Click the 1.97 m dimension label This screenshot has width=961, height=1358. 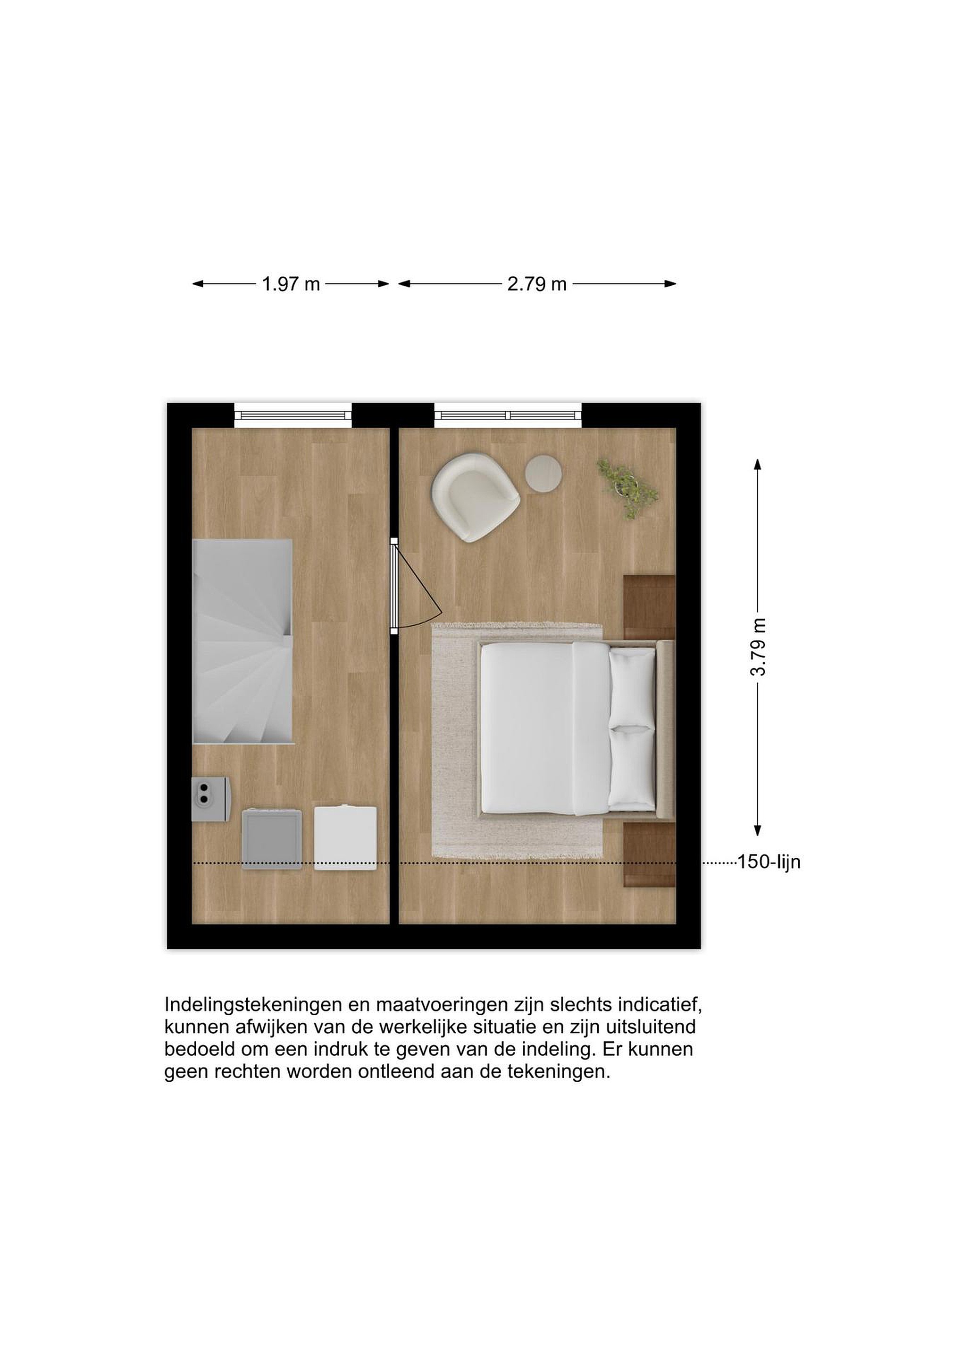291,284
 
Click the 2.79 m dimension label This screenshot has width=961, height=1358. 537,284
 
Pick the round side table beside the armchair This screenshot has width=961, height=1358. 543,472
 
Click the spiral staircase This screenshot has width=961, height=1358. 243,641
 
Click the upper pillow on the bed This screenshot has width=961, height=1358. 632,687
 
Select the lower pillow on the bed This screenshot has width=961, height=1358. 632,768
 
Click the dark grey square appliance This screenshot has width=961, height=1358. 272,839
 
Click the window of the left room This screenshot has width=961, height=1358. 293,415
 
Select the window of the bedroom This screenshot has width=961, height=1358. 508,415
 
